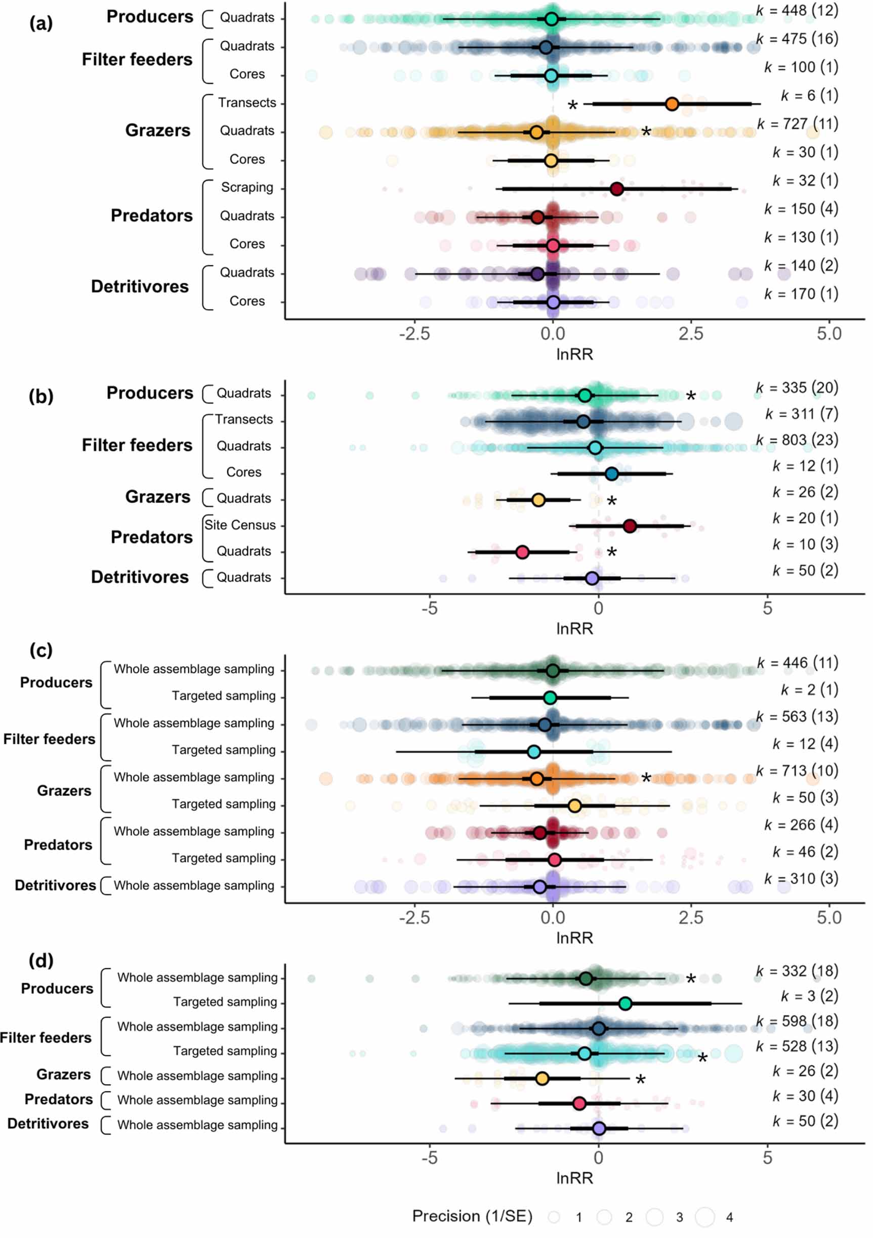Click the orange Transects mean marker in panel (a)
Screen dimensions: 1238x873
click(672, 104)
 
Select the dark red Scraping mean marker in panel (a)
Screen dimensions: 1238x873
click(617, 189)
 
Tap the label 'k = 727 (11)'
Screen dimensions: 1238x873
click(797, 124)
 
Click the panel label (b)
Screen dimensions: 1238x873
click(41, 396)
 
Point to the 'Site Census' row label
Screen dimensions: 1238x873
click(240, 525)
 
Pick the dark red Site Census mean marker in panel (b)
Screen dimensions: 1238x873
click(629, 526)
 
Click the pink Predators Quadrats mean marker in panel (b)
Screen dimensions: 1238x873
click(522, 552)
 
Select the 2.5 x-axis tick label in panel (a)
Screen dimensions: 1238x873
click(691, 334)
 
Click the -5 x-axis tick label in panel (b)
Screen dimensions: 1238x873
click(429, 608)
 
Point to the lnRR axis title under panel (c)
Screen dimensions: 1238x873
click(574, 937)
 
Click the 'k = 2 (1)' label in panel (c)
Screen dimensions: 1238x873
click(809, 690)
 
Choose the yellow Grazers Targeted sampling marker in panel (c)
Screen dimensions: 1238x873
click(574, 806)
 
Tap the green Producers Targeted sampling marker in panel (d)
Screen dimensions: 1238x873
click(625, 1003)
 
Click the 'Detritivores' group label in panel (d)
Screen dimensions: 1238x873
click(48, 1124)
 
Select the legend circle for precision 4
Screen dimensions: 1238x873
click(705, 1217)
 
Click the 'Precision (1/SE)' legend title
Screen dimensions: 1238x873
click(472, 1216)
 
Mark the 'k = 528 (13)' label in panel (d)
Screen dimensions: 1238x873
click(797, 1046)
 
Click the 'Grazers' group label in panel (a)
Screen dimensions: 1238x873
click(157, 131)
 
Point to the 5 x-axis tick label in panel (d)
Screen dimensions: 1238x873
click(767, 1158)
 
